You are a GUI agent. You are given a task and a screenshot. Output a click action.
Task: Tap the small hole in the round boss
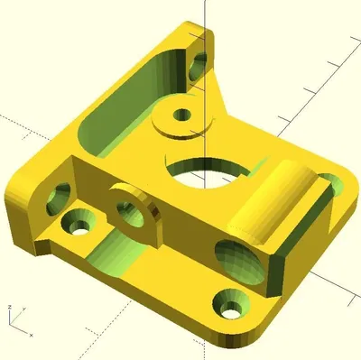coord(182,115)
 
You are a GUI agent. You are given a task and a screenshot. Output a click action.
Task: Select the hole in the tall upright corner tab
coord(198,64)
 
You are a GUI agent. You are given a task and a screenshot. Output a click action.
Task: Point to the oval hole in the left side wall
coord(60,192)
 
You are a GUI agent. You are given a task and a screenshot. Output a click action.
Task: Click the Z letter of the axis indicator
coord(8,308)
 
